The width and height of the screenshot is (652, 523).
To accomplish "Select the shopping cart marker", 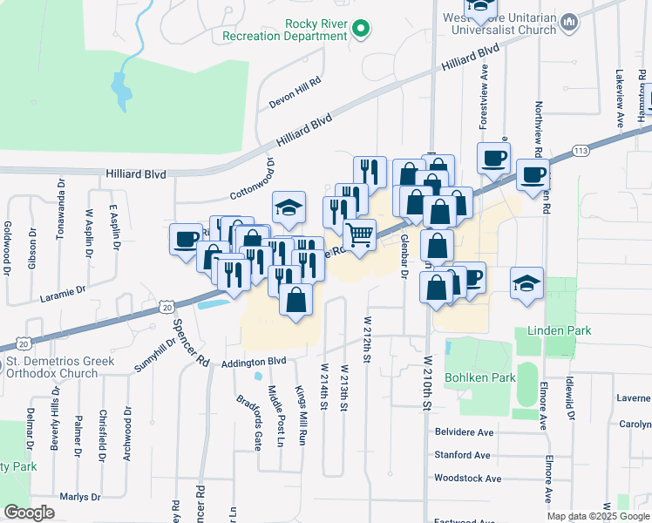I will click(x=360, y=234).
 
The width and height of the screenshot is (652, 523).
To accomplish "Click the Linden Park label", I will click(x=559, y=331).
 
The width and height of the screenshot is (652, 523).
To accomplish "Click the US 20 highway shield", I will click(x=169, y=306).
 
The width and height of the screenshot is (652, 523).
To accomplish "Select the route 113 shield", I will click(x=581, y=150).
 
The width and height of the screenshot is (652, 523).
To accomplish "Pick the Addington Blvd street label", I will click(x=254, y=362).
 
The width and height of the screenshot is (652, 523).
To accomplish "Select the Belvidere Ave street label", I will click(x=464, y=431).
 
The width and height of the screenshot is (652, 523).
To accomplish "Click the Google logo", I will click(x=29, y=513).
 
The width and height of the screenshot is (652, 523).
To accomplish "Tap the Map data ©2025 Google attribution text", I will click(x=597, y=516).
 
